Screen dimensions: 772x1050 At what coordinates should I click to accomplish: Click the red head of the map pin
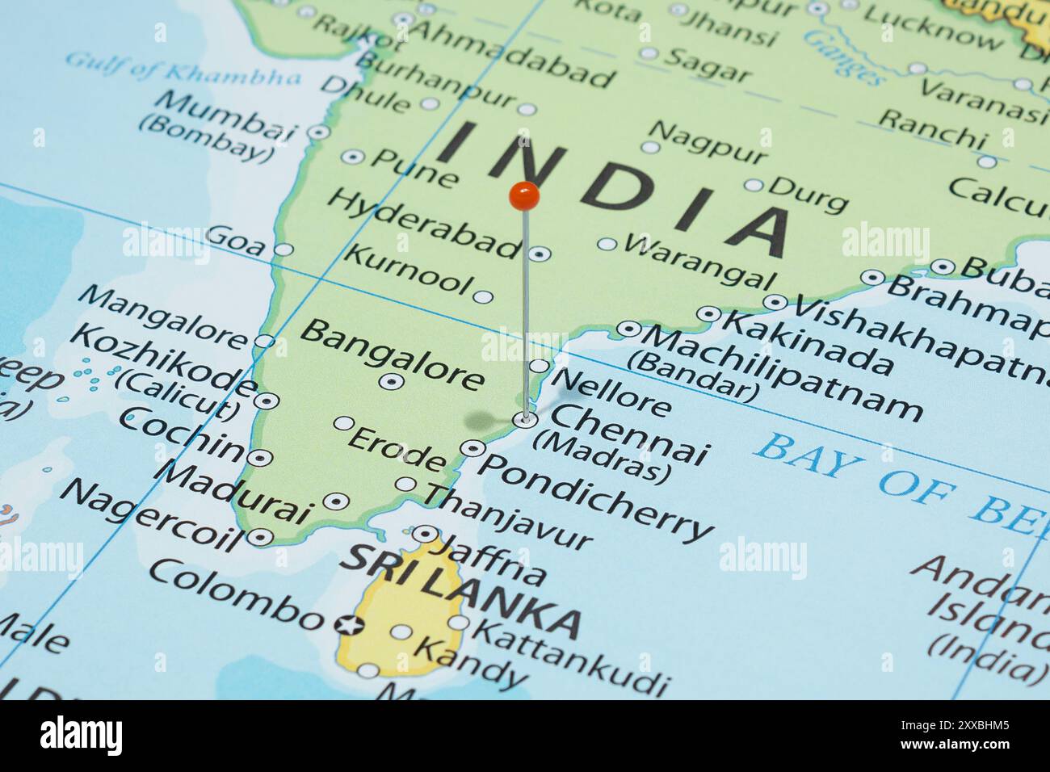pyautogui.click(x=524, y=195)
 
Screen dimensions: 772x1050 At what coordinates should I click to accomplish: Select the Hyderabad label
pyautogui.click(x=424, y=224)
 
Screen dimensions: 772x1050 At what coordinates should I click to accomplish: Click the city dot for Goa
pyautogui.click(x=283, y=250)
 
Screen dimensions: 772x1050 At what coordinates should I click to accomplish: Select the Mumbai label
pyautogui.click(x=226, y=115)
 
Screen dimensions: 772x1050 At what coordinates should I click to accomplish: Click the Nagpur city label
pyautogui.click(x=708, y=144)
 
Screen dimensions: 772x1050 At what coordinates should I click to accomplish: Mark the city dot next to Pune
pyautogui.click(x=352, y=157)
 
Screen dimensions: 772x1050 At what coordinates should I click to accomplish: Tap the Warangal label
pyautogui.click(x=699, y=260)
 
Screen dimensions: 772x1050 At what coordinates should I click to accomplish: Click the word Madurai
pyautogui.click(x=235, y=493)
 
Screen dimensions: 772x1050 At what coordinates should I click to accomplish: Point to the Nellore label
pyautogui.click(x=611, y=390)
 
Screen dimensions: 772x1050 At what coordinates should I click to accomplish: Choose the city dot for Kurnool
pyautogui.click(x=483, y=296)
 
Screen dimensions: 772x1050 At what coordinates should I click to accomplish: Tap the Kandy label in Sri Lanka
pyautogui.click(x=468, y=660)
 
